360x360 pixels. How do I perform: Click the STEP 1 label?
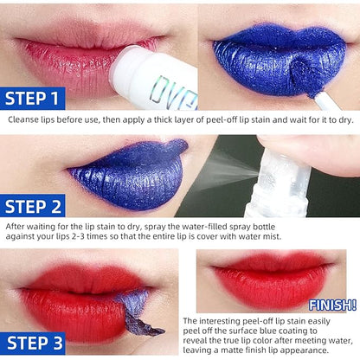coord(32,99)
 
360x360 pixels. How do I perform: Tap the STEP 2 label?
coord(33,207)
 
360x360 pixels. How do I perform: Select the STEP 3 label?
coord(33,344)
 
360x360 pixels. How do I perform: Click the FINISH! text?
coord(332,305)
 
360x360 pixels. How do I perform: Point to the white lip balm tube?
coord(154,80)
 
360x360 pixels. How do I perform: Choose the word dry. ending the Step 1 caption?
coord(346,120)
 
